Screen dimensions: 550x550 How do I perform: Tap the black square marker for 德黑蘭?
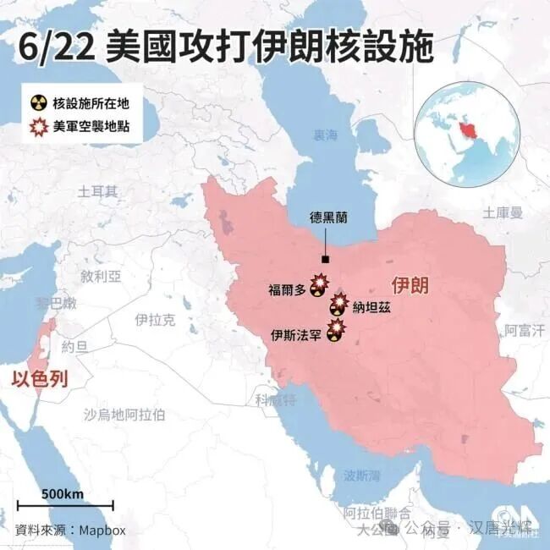(325, 261)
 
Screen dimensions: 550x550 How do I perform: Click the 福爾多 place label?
(287, 289)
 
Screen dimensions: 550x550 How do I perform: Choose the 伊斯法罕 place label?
(295, 335)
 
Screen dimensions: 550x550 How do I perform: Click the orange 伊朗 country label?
(410, 285)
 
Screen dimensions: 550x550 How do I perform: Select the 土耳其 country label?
(98, 191)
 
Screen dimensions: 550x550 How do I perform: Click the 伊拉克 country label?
(155, 319)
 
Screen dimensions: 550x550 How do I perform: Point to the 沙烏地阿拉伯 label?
(124, 414)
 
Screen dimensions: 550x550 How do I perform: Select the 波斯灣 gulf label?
(361, 475)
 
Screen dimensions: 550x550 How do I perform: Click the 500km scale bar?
(65, 505)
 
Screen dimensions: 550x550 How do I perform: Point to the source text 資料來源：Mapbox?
(71, 531)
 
